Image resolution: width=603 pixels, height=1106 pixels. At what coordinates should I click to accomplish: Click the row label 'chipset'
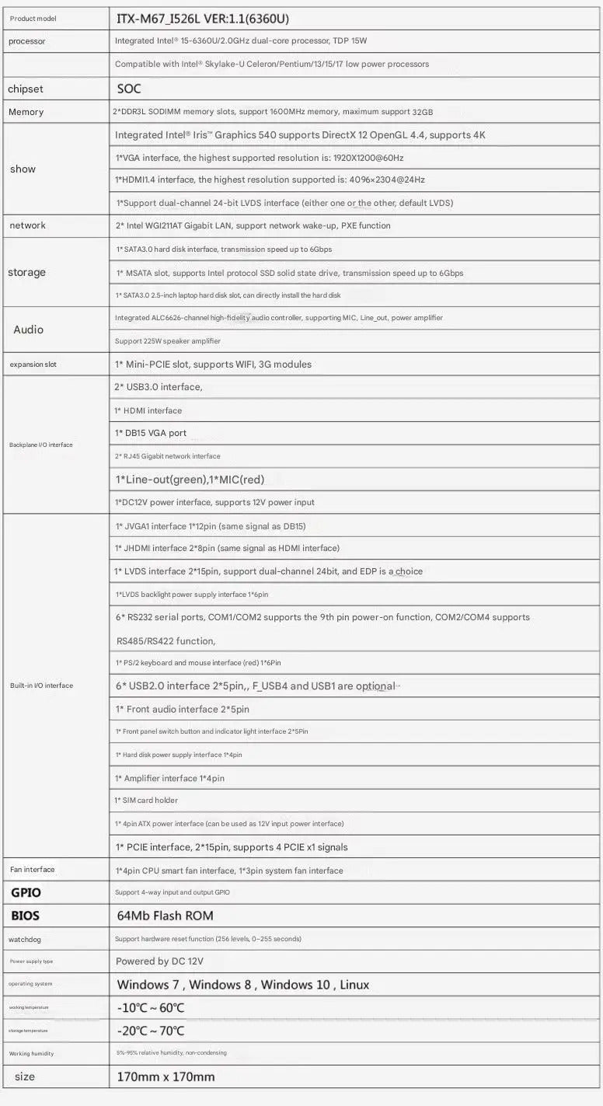26,89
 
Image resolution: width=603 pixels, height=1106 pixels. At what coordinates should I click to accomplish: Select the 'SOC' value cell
129,89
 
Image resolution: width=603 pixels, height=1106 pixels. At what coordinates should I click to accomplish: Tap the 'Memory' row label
26,112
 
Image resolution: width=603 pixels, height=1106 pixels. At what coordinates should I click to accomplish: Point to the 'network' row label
27,225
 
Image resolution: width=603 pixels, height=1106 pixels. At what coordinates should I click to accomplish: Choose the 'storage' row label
26,272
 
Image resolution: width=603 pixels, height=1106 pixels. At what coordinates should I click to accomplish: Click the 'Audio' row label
28,330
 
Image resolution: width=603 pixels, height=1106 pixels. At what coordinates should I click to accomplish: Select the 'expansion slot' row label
33,364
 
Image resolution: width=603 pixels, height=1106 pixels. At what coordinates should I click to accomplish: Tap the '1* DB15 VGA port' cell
151,433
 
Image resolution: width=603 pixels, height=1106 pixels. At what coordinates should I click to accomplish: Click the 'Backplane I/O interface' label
41,445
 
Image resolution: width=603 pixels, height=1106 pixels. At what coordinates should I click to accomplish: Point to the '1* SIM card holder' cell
146,801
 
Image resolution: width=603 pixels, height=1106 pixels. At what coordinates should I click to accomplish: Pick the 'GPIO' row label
26,892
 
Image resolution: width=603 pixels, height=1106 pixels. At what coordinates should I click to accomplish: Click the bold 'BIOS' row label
25,916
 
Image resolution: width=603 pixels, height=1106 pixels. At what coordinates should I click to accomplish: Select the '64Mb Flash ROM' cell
165,916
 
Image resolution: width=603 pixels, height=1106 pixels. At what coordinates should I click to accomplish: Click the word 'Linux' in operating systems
354,985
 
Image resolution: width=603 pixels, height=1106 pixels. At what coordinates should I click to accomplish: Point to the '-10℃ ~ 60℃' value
151,1008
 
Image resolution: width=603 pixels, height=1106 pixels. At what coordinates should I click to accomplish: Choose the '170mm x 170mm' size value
166,1076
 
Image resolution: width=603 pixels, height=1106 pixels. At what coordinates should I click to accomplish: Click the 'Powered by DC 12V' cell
159,961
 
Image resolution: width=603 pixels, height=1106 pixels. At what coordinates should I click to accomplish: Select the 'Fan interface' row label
32,870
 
